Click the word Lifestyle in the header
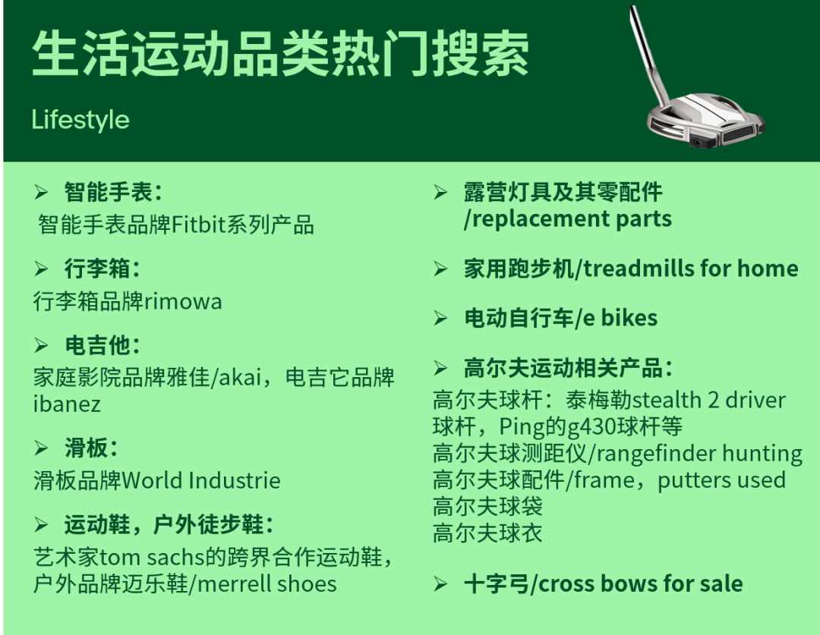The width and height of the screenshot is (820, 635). (80, 120)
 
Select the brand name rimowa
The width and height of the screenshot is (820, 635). (182, 301)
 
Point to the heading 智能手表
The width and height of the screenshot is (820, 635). (109, 192)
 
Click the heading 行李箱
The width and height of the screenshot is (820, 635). (97, 269)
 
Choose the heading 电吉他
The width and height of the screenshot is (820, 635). (97, 345)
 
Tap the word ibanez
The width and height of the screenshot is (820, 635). (66, 404)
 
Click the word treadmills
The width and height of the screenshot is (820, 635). (639, 269)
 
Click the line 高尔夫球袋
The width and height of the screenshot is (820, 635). (487, 507)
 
